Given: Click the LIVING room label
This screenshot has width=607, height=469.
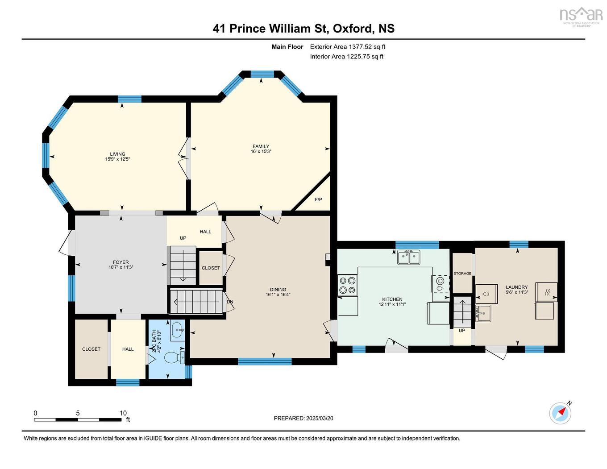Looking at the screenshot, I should click(118, 154).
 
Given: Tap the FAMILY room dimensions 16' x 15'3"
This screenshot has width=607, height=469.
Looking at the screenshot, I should click(261, 152).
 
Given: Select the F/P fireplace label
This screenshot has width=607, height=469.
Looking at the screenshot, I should click(318, 199).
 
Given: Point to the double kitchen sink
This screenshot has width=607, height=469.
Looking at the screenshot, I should click(409, 257).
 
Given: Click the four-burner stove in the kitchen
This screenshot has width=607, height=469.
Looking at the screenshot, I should click(348, 285).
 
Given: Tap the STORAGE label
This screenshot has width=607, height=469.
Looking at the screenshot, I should click(462, 274).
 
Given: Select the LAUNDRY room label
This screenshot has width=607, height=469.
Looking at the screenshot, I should click(517, 287).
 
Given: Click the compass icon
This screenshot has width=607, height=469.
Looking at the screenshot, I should click(560, 413).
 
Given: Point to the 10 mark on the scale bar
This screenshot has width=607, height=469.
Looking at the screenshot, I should click(123, 413).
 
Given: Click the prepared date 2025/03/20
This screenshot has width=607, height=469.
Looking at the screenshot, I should click(320, 419).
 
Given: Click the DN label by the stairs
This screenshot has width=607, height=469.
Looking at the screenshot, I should click(230, 302).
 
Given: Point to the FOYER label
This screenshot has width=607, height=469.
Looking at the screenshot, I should click(121, 262).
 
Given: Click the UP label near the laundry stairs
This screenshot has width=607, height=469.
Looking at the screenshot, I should click(462, 331).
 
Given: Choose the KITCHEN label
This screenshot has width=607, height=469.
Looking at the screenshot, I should click(392, 299).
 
